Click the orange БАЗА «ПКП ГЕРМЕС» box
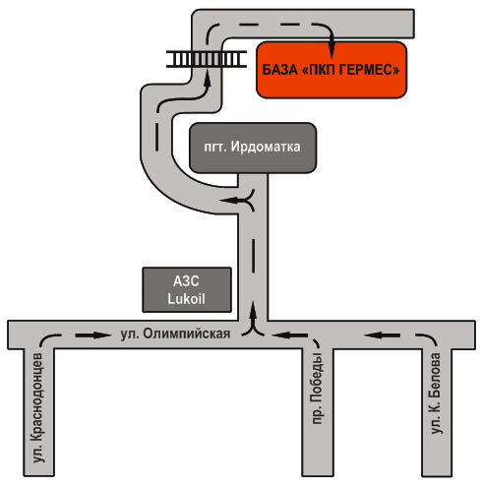pos(331,70)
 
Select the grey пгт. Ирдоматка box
pos(253,148)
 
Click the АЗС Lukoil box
pos(187,290)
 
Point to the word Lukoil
pos(186,299)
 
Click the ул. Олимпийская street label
pos(175,334)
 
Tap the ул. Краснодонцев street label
pos(37,408)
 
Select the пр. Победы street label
pos(317,389)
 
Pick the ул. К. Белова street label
pos(435,394)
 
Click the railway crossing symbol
pos(207,59)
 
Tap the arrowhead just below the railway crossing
pos(207,78)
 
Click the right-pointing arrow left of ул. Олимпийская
pos(94,335)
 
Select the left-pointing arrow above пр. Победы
pos(290,335)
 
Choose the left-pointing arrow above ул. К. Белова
pos(382,335)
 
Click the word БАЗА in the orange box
pos(279,70)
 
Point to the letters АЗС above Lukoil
pos(186,281)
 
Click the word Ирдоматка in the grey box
pos(266,147)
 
